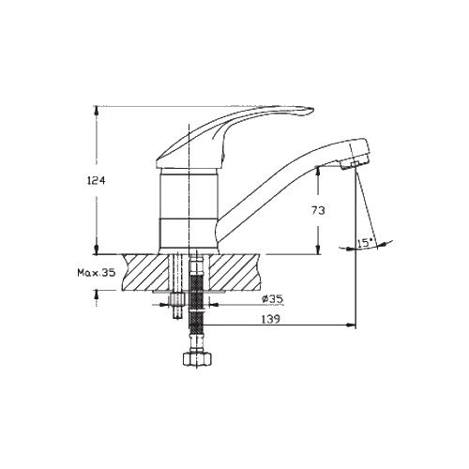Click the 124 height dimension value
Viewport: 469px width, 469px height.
click(97, 181)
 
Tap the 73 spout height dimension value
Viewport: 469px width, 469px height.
click(318, 210)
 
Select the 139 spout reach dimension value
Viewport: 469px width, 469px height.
click(271, 319)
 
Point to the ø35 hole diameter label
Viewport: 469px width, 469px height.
click(273, 299)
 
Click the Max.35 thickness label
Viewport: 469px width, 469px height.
click(97, 273)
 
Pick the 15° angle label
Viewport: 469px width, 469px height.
click(365, 243)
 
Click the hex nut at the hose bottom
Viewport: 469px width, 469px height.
click(197, 359)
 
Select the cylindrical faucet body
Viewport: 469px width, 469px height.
click(189, 209)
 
